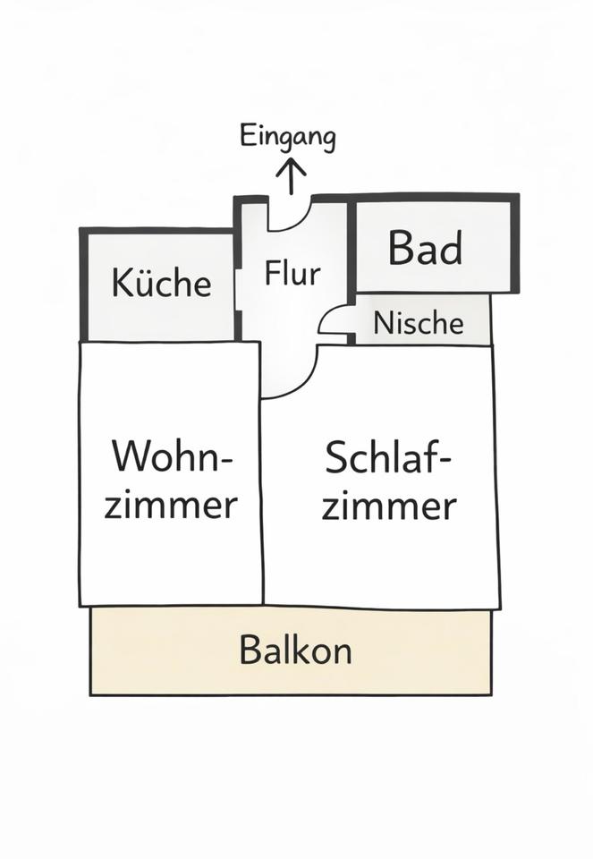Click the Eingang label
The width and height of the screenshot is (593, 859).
pos(288,139)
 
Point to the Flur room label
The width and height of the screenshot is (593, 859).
pos(292,273)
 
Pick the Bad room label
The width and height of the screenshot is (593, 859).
pos(425,248)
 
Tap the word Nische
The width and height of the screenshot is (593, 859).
pos(419,322)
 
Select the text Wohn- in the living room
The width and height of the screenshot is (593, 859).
pos(172,458)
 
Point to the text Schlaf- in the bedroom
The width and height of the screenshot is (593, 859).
pos(387,458)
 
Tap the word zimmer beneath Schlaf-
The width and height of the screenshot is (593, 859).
pos(389,506)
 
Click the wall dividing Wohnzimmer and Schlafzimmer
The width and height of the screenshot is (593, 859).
pos(262,501)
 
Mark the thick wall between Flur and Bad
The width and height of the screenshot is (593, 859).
pos(352,246)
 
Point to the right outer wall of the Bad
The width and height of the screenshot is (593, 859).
pos(515,243)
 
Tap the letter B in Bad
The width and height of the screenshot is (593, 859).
pos(401,248)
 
